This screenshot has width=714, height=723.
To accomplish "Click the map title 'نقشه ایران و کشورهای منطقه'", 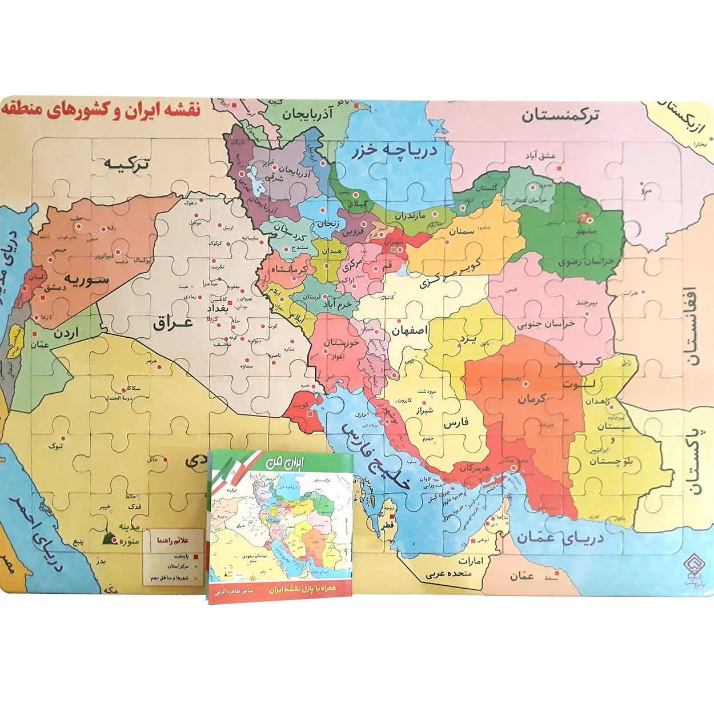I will (x=102, y=110).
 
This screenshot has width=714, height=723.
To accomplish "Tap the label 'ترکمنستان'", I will (x=560, y=115).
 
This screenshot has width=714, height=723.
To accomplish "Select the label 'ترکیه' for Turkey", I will (x=126, y=163).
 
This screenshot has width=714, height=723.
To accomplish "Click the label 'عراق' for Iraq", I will (x=173, y=323).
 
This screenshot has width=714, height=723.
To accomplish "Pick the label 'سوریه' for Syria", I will (x=86, y=279).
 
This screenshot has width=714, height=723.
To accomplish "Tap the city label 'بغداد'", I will (x=218, y=308).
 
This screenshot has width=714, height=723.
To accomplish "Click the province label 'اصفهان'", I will (x=409, y=330).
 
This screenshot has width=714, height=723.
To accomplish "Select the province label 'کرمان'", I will (x=532, y=398).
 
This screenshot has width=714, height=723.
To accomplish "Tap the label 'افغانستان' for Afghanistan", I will (x=691, y=326).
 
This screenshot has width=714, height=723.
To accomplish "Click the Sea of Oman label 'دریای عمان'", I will (x=560, y=538).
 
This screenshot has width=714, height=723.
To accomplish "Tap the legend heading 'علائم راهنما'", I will (x=173, y=540).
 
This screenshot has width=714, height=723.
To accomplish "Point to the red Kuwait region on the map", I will (x=303, y=407).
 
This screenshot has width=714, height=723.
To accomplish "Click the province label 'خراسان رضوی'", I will (x=585, y=262).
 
